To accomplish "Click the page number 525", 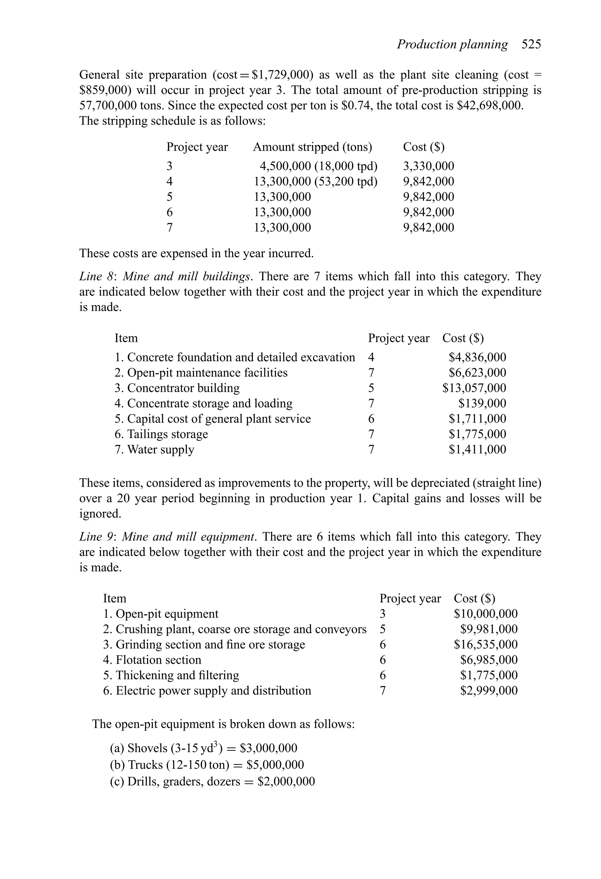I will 531,45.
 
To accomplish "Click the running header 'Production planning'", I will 452,45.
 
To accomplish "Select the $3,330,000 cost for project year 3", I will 428,166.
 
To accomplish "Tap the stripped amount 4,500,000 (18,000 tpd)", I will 318,166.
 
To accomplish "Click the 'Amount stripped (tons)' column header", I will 312,147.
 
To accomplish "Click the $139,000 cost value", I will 482,404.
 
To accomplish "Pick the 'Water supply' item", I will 160,450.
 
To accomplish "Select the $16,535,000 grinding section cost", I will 485,645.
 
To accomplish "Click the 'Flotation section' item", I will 158,660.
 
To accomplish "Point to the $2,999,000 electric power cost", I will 488,691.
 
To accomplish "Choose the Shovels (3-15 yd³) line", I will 203,748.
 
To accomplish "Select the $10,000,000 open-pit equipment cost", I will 485,614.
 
